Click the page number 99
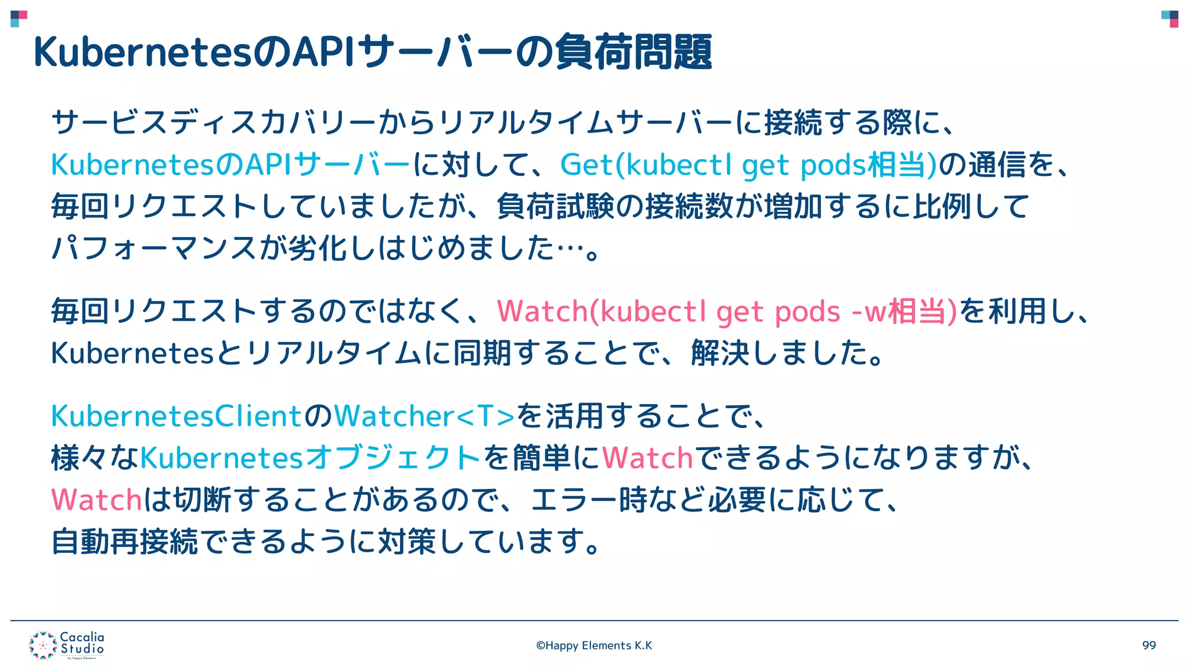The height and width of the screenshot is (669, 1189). pos(1148,645)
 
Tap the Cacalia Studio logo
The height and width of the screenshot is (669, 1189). pos(67,645)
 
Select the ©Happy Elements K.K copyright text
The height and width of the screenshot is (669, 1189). pos(594,645)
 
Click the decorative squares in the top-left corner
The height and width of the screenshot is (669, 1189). pos(19,19)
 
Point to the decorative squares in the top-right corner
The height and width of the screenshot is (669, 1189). pos(1170,19)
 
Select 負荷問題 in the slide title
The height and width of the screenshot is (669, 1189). pos(633,52)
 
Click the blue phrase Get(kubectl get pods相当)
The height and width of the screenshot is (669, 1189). pos(748,165)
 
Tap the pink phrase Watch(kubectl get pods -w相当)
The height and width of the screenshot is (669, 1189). pos(726,311)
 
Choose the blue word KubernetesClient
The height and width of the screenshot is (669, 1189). pos(176,416)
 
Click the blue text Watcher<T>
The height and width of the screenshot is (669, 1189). pos(424,416)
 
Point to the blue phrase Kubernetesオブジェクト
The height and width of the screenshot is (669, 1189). pos(310,458)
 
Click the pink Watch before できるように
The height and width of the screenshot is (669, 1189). pos(647,458)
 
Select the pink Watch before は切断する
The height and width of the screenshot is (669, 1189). pos(96,499)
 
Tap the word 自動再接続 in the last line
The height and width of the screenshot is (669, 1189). pos(124,541)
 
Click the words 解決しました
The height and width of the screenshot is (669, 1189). pos(787,353)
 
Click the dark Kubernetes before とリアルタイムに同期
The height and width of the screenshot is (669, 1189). pos(133,353)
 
